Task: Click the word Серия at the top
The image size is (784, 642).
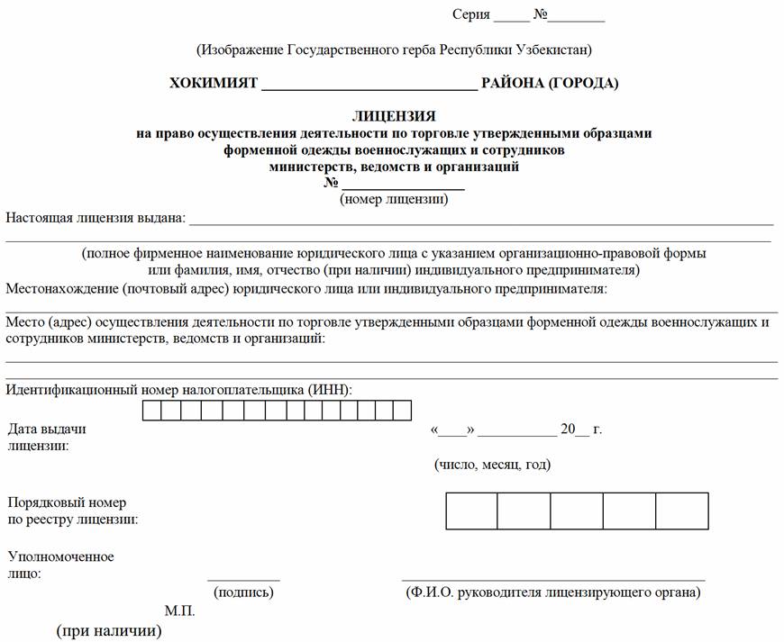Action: (471, 14)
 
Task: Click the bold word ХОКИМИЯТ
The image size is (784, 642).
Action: (213, 84)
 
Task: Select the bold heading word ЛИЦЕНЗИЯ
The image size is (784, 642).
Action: (394, 117)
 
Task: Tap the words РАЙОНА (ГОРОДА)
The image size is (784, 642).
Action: (550, 84)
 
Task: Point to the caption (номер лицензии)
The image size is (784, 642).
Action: (394, 199)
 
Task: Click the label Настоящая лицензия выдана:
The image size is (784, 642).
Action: (96, 217)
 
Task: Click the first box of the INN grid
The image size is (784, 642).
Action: (152, 411)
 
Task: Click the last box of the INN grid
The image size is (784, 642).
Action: (402, 411)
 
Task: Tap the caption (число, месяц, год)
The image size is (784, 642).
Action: (492, 465)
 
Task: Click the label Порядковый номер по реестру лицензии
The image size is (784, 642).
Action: (72, 511)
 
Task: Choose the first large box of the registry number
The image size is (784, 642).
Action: (471, 511)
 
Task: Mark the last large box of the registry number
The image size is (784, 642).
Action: (682, 511)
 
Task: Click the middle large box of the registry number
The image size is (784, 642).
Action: (577, 511)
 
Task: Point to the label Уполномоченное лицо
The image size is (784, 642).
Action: (60, 565)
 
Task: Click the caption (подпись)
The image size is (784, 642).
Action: (243, 592)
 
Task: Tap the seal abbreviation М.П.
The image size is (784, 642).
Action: (179, 611)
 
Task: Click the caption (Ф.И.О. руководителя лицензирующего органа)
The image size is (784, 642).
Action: (553, 592)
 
